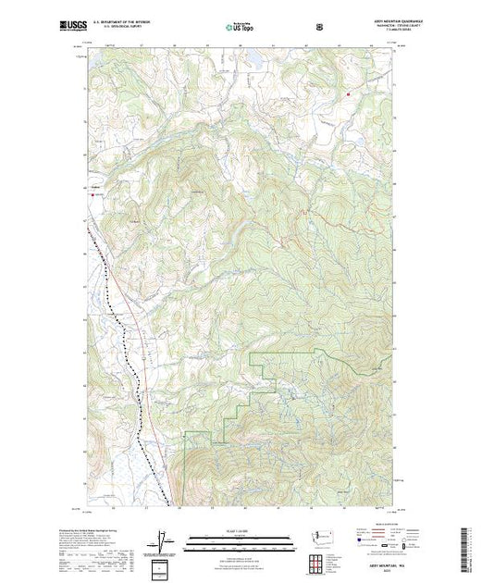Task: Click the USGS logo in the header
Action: pos(74,27)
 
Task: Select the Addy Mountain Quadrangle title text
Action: pos(371,19)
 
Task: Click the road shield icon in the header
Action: pos(319,27)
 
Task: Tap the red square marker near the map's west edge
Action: pos(93,194)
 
